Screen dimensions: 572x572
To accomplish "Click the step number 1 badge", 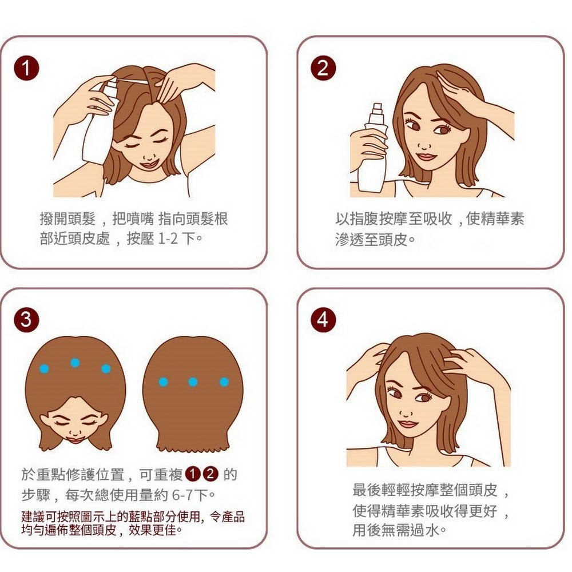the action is [26, 68].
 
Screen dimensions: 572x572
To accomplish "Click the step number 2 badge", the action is [323, 68].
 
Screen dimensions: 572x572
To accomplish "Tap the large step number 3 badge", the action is [26, 320].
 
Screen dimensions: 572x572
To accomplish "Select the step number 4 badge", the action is [323, 320].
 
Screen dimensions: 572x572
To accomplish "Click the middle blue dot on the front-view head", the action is [75, 363].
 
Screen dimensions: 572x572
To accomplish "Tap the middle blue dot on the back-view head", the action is [193, 382].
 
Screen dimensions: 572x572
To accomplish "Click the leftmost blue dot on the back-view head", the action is [163, 382].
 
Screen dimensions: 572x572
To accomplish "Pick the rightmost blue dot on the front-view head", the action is [106, 368].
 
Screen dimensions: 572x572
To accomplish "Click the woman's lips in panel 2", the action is [426, 157].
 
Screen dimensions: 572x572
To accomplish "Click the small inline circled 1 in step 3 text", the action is [192, 474].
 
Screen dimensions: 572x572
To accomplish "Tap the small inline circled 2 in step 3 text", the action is [210, 474].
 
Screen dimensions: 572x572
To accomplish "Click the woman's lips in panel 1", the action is [149, 164].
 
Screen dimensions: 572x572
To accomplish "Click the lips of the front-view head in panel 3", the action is [76, 439].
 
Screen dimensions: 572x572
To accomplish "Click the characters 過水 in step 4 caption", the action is [424, 530].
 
